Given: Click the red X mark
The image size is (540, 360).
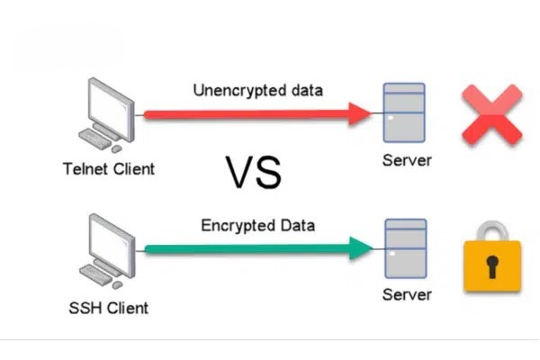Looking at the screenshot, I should (x=491, y=114).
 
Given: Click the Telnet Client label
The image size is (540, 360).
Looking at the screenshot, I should (x=109, y=168).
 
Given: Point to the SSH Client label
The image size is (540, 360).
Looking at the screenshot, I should (x=109, y=308).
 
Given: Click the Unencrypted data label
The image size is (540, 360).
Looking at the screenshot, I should (x=257, y=90).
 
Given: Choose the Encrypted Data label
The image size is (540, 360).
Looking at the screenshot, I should (x=257, y=225).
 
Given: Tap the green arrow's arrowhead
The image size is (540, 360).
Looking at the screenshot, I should (x=361, y=247).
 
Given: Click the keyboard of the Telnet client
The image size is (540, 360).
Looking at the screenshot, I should (x=96, y=140).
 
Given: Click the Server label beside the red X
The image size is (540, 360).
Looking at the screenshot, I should (x=407, y=161).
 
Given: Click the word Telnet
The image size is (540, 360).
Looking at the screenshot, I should (x=85, y=168).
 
